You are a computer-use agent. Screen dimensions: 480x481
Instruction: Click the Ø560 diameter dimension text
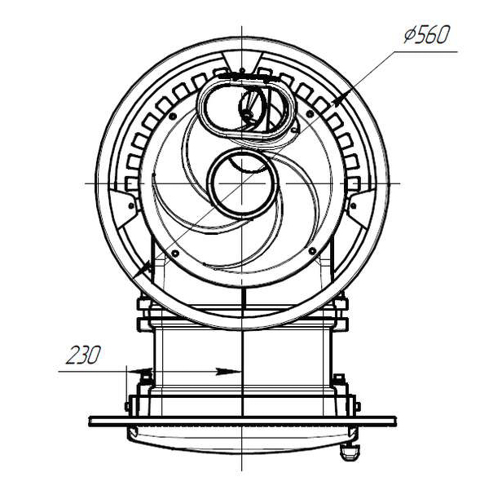(427, 34)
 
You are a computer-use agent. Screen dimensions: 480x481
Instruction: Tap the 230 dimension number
(83, 355)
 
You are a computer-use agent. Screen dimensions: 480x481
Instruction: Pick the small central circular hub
(244, 183)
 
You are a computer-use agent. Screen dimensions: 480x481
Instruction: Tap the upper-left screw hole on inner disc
(173, 116)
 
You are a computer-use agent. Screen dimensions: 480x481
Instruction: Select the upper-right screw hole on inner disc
(310, 114)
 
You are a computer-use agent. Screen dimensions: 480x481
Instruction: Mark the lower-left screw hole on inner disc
(175, 253)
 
